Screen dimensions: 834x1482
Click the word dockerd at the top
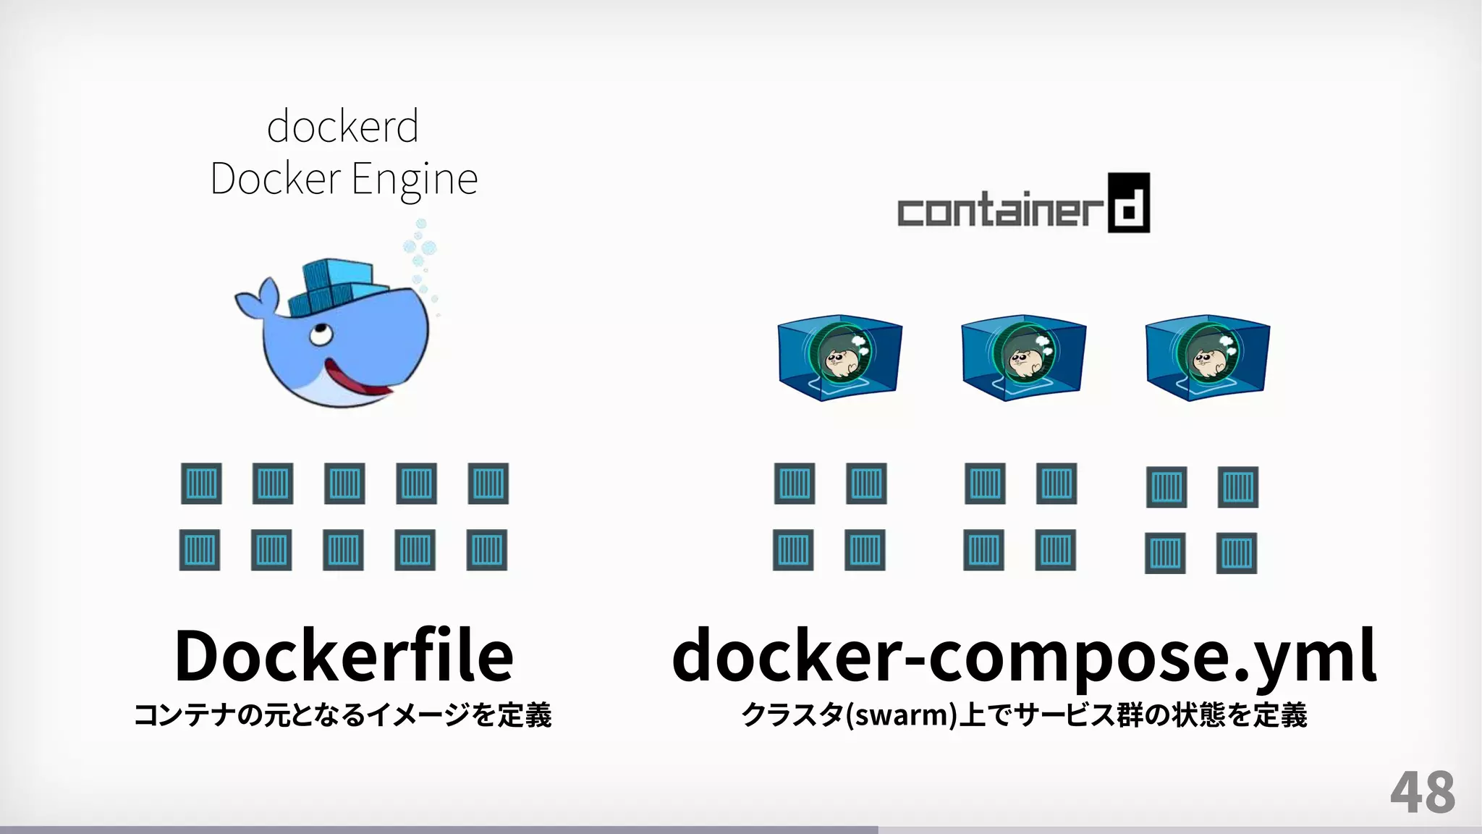[x=343, y=127]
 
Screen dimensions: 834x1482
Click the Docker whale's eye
[x=318, y=334]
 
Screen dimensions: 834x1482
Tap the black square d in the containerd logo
[x=1128, y=203]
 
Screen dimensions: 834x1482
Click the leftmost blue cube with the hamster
[x=839, y=357]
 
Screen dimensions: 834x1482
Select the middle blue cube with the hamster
[x=1023, y=357]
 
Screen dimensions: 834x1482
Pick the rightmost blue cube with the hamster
[x=1207, y=357]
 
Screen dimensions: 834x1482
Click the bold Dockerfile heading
[x=344, y=655]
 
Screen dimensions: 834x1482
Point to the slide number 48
[x=1422, y=793]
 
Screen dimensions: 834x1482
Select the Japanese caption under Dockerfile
[x=343, y=715]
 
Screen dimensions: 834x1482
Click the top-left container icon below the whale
[x=201, y=484]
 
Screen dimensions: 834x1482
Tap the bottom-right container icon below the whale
[x=486, y=550]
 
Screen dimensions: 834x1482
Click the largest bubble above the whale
[x=428, y=248]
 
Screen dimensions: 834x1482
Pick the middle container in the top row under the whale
[x=344, y=484]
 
